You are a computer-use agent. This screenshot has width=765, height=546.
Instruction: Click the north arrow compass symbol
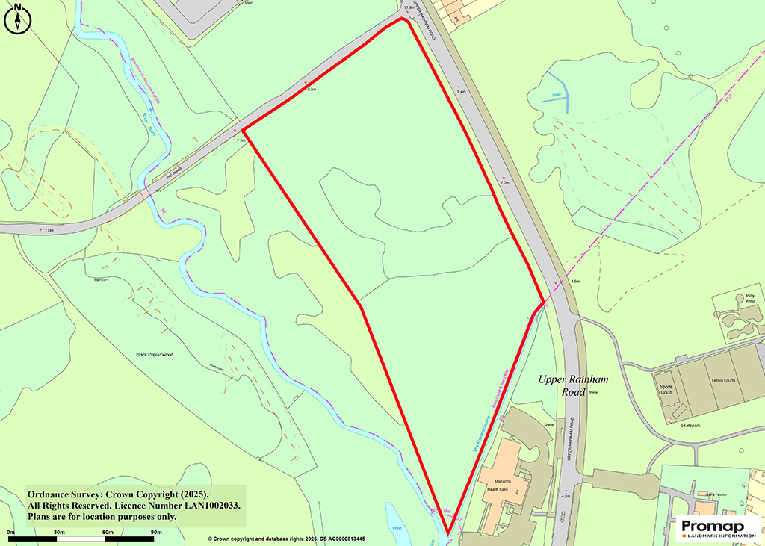pyautogui.click(x=17, y=18)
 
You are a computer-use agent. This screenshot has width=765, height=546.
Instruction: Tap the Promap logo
pyautogui.click(x=717, y=529)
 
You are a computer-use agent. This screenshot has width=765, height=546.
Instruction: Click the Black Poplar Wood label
pyautogui.click(x=154, y=354)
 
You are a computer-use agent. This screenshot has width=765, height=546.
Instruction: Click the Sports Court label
pyautogui.click(x=666, y=390)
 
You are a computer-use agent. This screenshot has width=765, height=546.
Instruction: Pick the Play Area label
pyautogui.click(x=750, y=299)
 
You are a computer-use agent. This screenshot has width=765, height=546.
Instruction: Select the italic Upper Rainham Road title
pyautogui.click(x=574, y=385)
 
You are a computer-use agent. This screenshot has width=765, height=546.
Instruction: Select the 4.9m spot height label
pyautogui.click(x=574, y=282)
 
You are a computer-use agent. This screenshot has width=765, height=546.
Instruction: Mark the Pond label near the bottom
pyautogui.click(x=397, y=527)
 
